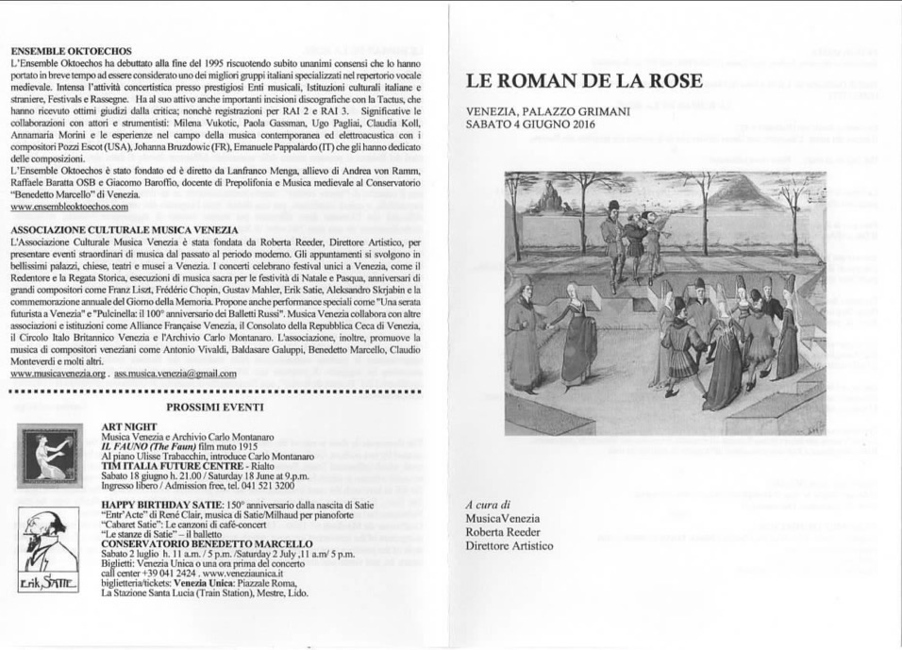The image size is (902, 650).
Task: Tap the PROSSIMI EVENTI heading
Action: coord(214,407)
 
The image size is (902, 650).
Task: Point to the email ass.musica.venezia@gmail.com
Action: coord(175,374)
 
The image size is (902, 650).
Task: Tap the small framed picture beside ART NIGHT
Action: coord(52,457)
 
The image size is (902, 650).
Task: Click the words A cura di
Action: coord(488,505)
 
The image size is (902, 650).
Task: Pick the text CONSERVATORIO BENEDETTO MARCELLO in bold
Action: coord(206,544)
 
